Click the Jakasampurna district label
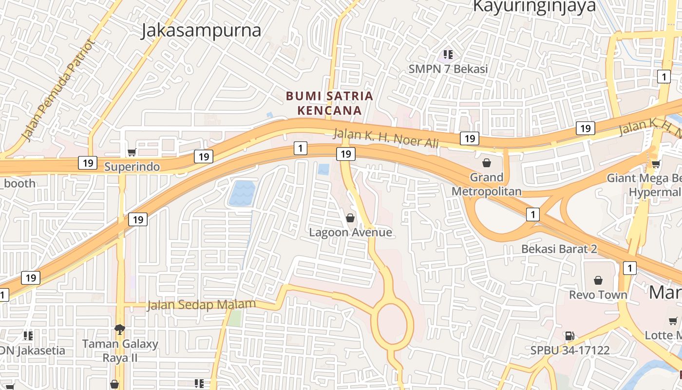click(x=201, y=30)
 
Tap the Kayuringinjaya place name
click(x=534, y=6)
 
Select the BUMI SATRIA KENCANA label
click(x=329, y=103)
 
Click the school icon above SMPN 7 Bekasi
click(x=448, y=55)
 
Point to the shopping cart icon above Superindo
click(x=132, y=153)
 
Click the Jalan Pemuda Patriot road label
click(x=57, y=90)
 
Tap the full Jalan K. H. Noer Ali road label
click(x=386, y=138)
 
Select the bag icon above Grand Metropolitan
click(x=486, y=162)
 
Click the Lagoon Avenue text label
click(x=350, y=232)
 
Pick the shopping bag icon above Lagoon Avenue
click(x=350, y=218)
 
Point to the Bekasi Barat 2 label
click(x=559, y=249)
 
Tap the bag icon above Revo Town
click(x=598, y=280)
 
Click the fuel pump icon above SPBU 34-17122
click(x=569, y=336)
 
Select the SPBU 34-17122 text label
click(x=570, y=350)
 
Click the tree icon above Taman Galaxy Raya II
click(x=120, y=330)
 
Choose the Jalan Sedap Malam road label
click(x=201, y=305)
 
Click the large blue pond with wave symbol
click(x=241, y=193)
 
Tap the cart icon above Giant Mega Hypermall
click(x=656, y=164)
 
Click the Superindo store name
click(x=132, y=167)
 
